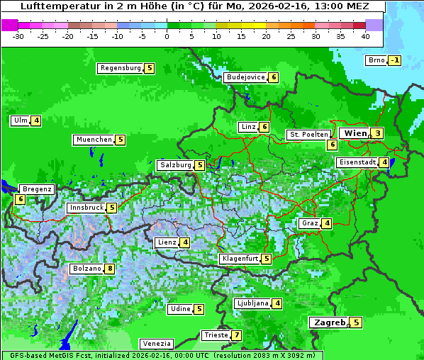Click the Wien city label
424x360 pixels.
pyautogui.click(x=355, y=133)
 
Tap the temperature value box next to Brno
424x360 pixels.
pyautogui.click(x=395, y=60)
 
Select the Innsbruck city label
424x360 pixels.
pyautogui.click(x=86, y=208)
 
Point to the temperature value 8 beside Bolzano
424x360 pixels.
pyautogui.click(x=110, y=269)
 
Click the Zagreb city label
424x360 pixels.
pyautogui.click(x=330, y=322)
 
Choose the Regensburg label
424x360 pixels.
pyautogui.click(x=120, y=68)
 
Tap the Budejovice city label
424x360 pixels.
pyautogui.click(x=245, y=77)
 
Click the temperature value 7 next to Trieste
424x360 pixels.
pyautogui.click(x=237, y=335)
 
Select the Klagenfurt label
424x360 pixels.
pyautogui.click(x=239, y=259)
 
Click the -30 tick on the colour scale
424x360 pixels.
pyautogui.click(x=18, y=35)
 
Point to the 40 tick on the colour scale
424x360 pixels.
pyautogui.click(x=365, y=35)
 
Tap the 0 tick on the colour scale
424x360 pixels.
pyautogui.click(x=167, y=35)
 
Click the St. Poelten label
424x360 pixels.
pyautogui.click(x=308, y=134)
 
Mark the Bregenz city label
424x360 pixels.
pyautogui.click(x=37, y=189)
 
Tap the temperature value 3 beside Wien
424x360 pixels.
pyautogui.click(x=378, y=133)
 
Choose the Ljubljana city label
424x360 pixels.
pyautogui.click(x=252, y=303)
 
